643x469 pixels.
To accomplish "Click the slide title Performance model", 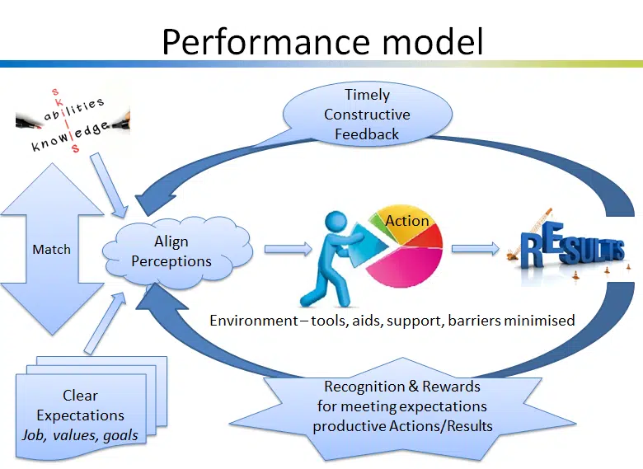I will pyautogui.click(x=321, y=40).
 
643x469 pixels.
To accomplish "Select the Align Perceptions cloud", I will pyautogui.click(x=171, y=251).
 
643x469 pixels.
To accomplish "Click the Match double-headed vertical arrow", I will pyautogui.click(x=51, y=249).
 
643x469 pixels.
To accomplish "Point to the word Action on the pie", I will pyautogui.click(x=407, y=221).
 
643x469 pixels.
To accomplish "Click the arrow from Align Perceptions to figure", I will pyautogui.click(x=285, y=248).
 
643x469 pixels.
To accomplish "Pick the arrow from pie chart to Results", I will pyautogui.click(x=476, y=247).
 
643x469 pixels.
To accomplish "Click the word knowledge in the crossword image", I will pyautogui.click(x=70, y=137).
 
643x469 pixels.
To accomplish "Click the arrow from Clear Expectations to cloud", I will pyautogui.click(x=102, y=322).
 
